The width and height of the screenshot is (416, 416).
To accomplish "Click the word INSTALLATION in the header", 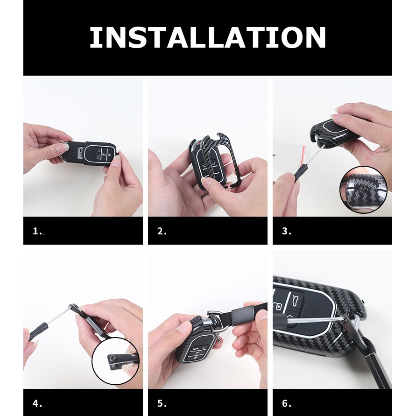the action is click(207, 37).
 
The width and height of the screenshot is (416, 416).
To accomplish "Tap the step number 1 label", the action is click(37, 231).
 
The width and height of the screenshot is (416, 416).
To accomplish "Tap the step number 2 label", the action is click(162, 231).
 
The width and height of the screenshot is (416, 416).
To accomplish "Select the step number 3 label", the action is click(286, 231).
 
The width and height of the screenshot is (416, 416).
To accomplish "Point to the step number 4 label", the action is click(37, 403).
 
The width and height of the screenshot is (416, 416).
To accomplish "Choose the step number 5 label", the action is click(162, 403).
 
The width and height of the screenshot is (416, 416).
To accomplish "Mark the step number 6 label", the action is click(286, 403).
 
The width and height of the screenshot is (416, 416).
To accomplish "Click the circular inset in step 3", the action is click(363, 190).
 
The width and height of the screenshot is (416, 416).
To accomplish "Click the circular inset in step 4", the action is click(115, 361).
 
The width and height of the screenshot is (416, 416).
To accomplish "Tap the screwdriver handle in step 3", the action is click(300, 172).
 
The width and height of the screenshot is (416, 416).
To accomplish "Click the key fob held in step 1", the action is click(90, 154).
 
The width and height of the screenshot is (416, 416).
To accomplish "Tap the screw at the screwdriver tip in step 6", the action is click(345, 319).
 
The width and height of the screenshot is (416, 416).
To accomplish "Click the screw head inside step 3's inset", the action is click(361, 189).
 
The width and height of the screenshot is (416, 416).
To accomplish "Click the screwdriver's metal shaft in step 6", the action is click(315, 320).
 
